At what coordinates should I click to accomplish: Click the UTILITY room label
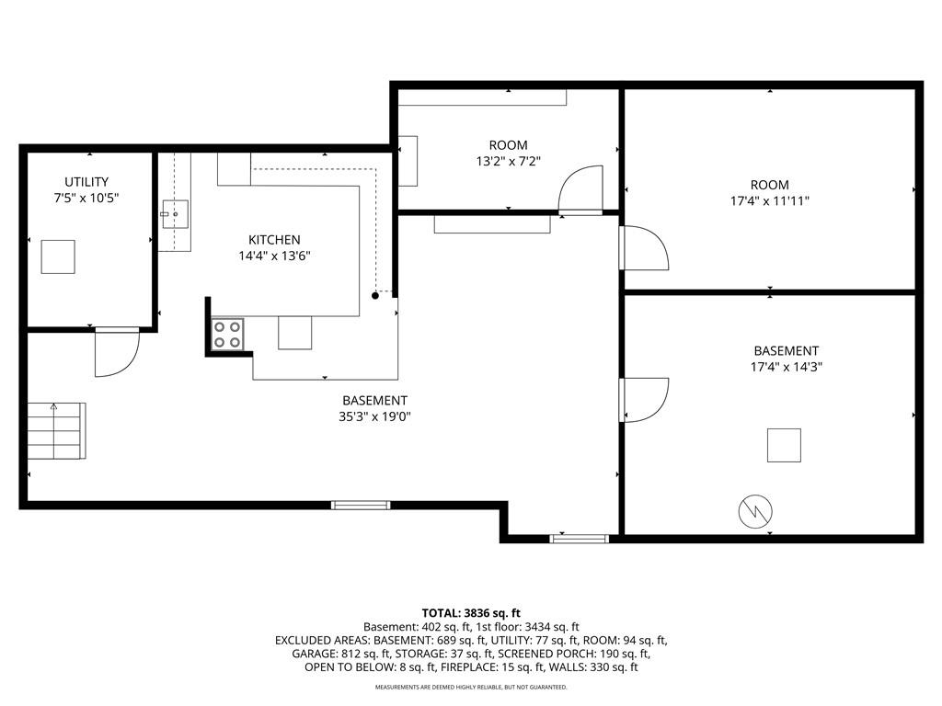tap(86, 181)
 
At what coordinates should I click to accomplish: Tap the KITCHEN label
tap(274, 240)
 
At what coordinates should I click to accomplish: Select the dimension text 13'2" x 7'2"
tap(509, 161)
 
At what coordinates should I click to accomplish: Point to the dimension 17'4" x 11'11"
tap(770, 201)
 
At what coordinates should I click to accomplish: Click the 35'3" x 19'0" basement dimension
tap(375, 416)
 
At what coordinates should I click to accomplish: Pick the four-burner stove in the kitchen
tap(228, 335)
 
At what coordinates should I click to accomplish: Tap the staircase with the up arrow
tap(56, 430)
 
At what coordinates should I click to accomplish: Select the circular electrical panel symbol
tap(755, 511)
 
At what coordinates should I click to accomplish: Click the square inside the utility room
tap(58, 257)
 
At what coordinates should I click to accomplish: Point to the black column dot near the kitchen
tap(375, 295)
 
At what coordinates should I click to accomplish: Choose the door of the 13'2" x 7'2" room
tap(580, 189)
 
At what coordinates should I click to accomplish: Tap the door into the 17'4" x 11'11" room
tap(644, 248)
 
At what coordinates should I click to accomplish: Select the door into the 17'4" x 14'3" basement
tap(644, 400)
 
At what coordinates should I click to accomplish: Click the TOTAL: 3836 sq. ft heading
tap(471, 613)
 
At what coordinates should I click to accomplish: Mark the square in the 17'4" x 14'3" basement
tap(784, 446)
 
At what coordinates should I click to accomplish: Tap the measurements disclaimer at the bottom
tap(471, 687)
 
